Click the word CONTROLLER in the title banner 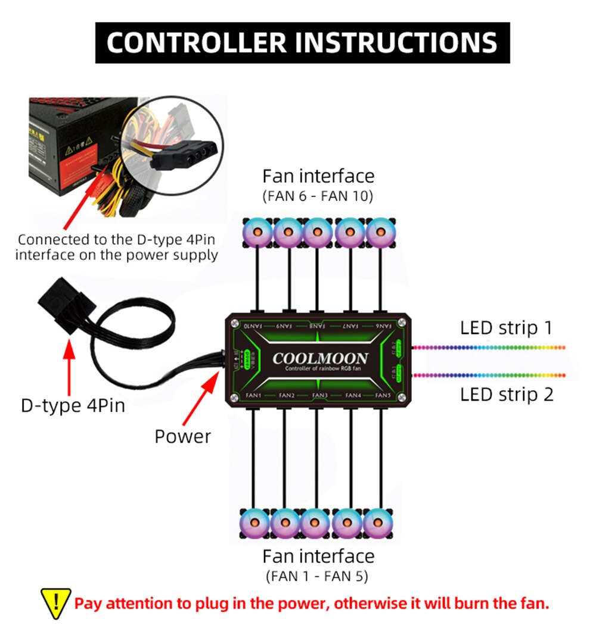[196, 42]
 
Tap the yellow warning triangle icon [55, 603]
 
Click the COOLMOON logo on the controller [320, 358]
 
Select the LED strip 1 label [506, 328]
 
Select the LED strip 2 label [506, 394]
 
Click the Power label [182, 436]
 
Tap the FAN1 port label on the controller [253, 395]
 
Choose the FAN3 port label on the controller [319, 395]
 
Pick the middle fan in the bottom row [316, 524]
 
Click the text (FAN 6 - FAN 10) [318, 196]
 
